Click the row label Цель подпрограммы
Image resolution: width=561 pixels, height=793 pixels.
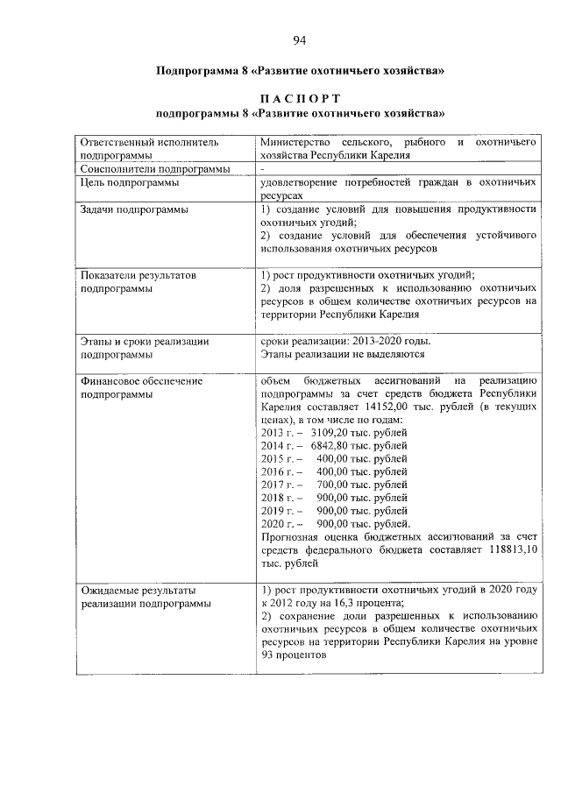point(129,182)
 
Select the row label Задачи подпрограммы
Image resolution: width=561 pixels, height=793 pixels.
point(134,209)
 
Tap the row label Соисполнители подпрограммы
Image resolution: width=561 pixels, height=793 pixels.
point(155,168)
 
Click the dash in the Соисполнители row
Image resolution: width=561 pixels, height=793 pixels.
point(263,168)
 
